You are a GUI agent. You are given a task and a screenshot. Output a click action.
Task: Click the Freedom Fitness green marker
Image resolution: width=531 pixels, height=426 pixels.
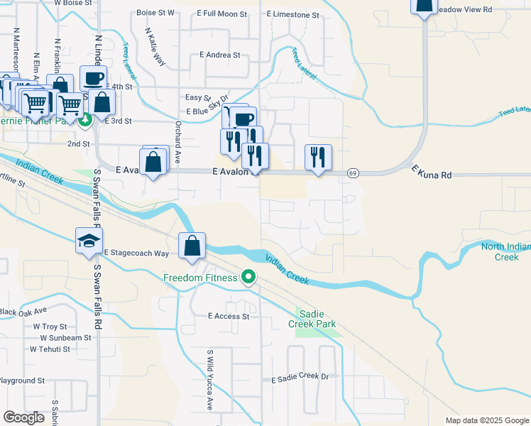248,277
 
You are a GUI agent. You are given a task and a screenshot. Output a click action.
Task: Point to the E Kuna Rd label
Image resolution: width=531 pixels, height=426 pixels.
432,175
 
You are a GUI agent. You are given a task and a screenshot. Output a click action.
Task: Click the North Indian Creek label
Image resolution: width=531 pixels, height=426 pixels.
505,252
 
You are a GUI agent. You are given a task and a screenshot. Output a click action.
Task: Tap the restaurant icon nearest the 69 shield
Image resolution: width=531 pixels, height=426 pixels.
317,157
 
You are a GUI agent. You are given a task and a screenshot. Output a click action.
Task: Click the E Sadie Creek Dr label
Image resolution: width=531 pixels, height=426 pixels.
302,380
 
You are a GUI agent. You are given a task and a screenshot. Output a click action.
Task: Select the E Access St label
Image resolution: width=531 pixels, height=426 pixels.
229,317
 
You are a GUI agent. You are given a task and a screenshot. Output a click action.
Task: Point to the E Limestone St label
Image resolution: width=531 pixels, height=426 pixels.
292,14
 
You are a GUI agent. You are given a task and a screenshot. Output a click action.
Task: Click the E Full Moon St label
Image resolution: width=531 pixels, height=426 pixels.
222,13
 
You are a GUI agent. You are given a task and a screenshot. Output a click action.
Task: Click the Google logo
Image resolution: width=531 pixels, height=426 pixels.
24,417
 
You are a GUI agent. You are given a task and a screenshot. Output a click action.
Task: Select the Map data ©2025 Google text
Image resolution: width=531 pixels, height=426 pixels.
486,420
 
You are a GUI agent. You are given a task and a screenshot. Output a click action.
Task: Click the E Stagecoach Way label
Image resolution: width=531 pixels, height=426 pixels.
136,253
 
